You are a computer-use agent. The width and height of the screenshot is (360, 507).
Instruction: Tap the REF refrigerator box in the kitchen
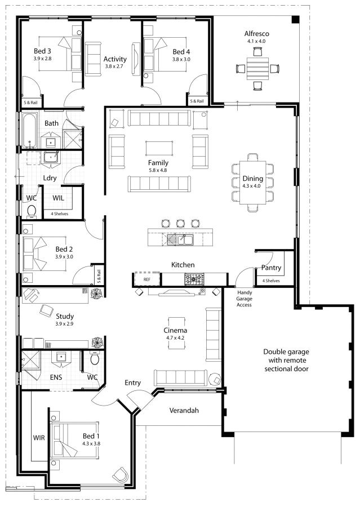tap(146, 279)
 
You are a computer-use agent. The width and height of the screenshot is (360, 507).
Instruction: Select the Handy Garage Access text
tap(244, 299)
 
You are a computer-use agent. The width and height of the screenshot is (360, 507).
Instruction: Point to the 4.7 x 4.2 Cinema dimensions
tap(176, 338)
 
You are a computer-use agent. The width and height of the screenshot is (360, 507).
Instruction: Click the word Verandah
tap(184, 410)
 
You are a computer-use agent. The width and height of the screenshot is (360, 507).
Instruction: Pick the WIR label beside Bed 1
tap(39, 437)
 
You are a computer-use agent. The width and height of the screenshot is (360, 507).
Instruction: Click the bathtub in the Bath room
tap(29, 131)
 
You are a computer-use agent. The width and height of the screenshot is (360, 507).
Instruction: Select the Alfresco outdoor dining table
tap(258, 68)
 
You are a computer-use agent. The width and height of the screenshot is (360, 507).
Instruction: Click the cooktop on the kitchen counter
tap(195, 278)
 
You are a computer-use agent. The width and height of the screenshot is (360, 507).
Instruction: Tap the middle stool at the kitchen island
tap(180, 223)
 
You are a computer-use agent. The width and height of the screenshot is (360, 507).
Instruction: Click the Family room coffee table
tap(159, 148)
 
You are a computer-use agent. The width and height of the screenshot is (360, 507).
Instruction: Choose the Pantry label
tap(271, 268)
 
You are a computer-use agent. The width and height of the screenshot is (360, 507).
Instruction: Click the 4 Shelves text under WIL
tap(60, 214)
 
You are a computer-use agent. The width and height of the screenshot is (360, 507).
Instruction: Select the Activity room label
tap(115, 59)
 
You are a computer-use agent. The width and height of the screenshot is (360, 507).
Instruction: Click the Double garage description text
tap(286, 360)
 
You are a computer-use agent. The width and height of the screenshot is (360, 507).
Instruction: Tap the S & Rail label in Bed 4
tap(196, 101)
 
